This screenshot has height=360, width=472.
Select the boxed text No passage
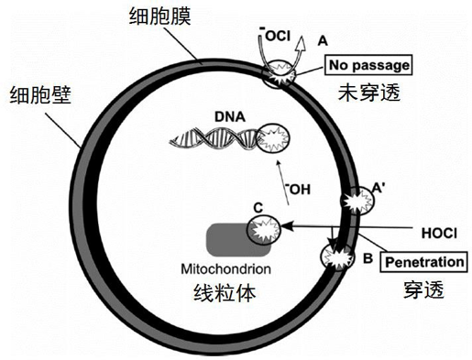368,66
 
